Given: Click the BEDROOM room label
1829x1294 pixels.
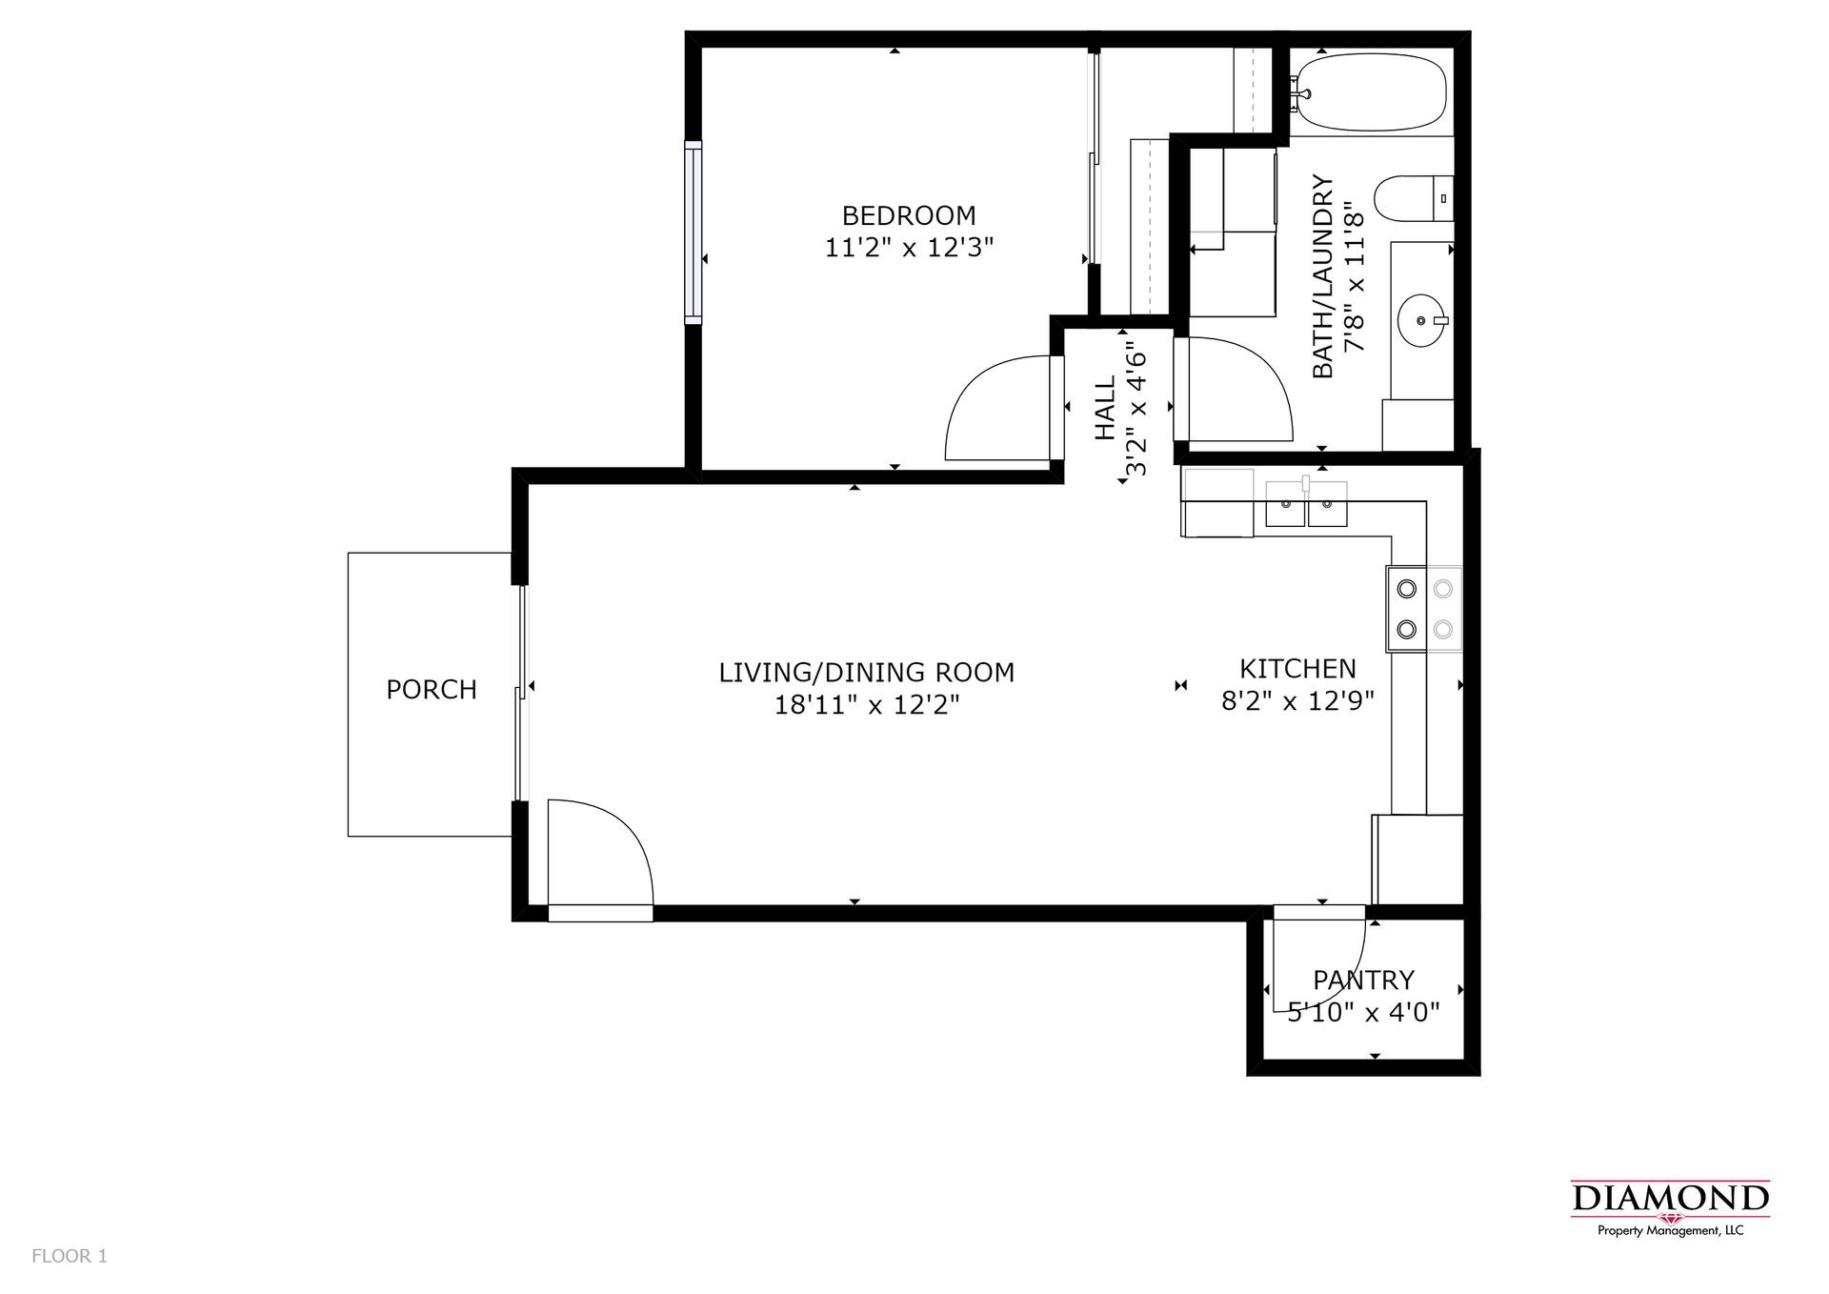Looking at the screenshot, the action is [909, 215].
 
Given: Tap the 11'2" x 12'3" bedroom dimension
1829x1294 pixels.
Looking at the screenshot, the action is [909, 248].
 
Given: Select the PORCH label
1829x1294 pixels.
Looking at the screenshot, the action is [432, 690].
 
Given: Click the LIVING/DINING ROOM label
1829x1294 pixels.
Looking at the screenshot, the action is [866, 673].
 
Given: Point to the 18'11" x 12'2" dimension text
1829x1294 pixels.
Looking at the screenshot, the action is [866, 705].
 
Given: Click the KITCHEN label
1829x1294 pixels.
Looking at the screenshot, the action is [1297, 669].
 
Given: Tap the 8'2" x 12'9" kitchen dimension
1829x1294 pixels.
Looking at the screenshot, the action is [1297, 701].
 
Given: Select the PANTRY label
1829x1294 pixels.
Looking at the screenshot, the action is [1363, 980].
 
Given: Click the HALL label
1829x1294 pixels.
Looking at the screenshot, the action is [1105, 408].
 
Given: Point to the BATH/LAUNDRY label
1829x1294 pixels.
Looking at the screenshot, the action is [1323, 276].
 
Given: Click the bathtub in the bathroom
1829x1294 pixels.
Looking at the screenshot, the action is [1370, 92].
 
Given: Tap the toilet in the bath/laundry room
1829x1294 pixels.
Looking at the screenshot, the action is [1414, 198].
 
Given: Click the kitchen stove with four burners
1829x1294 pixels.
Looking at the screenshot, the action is [1424, 609].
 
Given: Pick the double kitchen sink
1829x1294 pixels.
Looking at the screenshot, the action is [1306, 504].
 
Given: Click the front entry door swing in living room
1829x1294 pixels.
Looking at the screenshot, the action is [600, 853].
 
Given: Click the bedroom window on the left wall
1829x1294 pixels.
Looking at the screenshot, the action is [693, 233].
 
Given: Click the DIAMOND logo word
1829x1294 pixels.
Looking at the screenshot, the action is [1670, 1198].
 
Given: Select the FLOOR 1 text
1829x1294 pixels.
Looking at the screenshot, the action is [70, 1256].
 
